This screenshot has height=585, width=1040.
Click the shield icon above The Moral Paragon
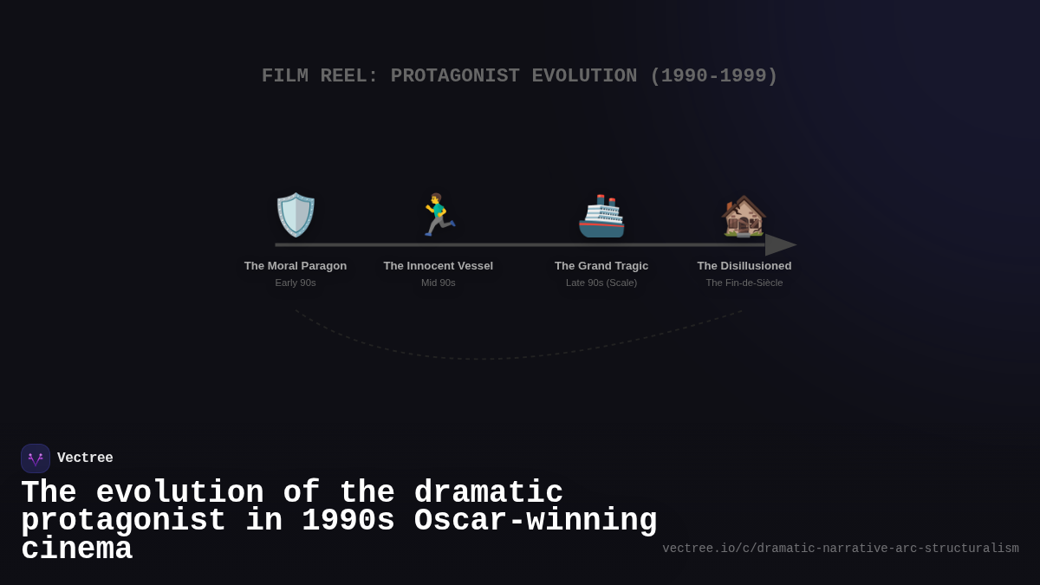tap(296, 215)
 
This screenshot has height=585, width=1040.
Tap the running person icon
tap(439, 215)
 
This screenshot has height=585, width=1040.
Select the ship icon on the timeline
tap(601, 216)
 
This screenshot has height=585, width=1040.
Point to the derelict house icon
tap(744, 216)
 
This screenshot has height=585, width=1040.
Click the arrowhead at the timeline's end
tap(780, 245)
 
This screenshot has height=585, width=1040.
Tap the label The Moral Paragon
tap(296, 266)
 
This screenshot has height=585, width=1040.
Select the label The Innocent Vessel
tap(439, 266)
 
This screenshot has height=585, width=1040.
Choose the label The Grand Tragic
tap(601, 266)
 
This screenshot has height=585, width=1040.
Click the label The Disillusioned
tap(744, 266)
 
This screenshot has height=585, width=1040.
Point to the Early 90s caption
tap(296, 283)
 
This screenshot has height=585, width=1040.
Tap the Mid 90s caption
tap(439, 283)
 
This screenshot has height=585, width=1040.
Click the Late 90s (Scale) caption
tap(601, 283)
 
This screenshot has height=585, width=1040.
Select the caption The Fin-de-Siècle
tap(744, 283)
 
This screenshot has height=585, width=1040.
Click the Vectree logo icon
tap(36, 458)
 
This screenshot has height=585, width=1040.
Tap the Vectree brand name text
tap(85, 458)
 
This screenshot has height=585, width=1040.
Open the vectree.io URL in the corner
tap(841, 549)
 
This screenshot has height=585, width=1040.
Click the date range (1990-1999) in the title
tap(713, 76)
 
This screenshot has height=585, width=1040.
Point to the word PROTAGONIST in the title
tap(455, 76)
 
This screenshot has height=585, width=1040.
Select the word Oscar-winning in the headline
tap(536, 521)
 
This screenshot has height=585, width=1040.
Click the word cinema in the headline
tap(76, 549)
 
